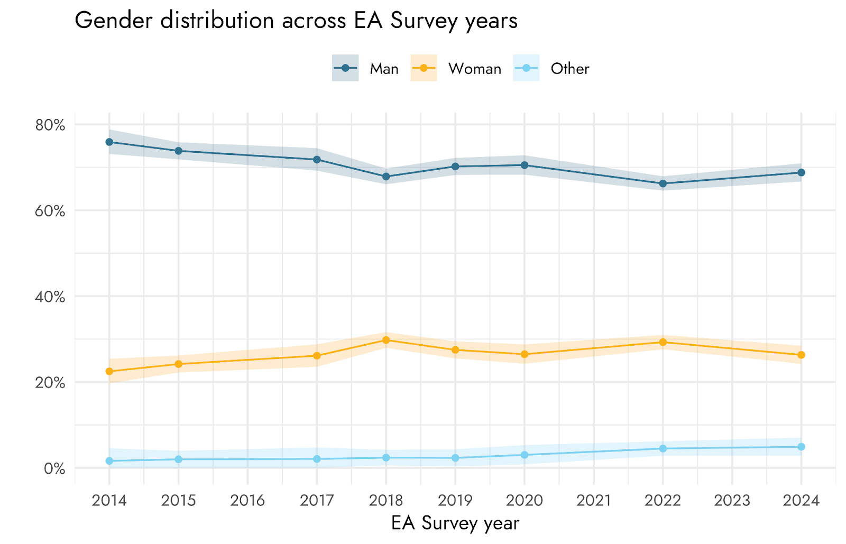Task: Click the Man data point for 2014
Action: click(109, 142)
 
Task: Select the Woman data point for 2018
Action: click(386, 340)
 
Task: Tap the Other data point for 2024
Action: click(801, 447)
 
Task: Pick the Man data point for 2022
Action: click(663, 183)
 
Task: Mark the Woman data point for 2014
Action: click(109, 371)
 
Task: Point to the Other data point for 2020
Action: click(525, 455)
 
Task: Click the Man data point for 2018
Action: click(386, 177)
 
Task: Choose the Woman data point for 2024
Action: click(801, 355)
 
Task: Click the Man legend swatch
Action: click(345, 68)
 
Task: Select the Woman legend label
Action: click(474, 69)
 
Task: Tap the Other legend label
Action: click(569, 69)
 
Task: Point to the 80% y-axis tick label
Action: click(50, 125)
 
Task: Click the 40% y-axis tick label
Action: click(50, 297)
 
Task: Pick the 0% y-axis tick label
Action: click(54, 468)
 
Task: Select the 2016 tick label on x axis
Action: click(247, 500)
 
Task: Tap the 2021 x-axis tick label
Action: click(593, 500)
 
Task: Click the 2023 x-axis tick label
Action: click(732, 500)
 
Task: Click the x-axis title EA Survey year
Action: click(455, 523)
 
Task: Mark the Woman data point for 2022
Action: click(663, 342)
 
